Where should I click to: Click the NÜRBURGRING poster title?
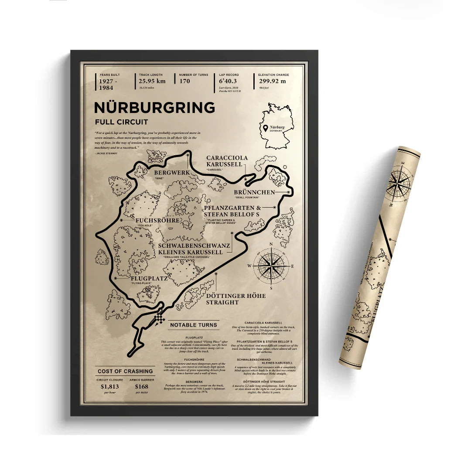pyautogui.click(x=155, y=108)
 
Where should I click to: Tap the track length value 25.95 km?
pyautogui.click(x=152, y=81)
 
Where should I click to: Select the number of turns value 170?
pyautogui.click(x=184, y=81)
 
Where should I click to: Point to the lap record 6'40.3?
pyautogui.click(x=228, y=81)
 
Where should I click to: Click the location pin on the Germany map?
pyautogui.click(x=266, y=127)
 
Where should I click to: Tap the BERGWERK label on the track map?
pyautogui.click(x=171, y=172)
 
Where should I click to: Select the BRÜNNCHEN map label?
pyautogui.click(x=254, y=192)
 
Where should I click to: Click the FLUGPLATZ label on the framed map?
pyautogui.click(x=149, y=277)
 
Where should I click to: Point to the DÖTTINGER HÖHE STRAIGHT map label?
pyautogui.click(x=235, y=299)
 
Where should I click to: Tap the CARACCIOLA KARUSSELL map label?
pyautogui.click(x=227, y=160)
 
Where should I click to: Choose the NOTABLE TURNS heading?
pyautogui.click(x=193, y=325)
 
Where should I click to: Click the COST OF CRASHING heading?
pyautogui.click(x=125, y=371)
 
